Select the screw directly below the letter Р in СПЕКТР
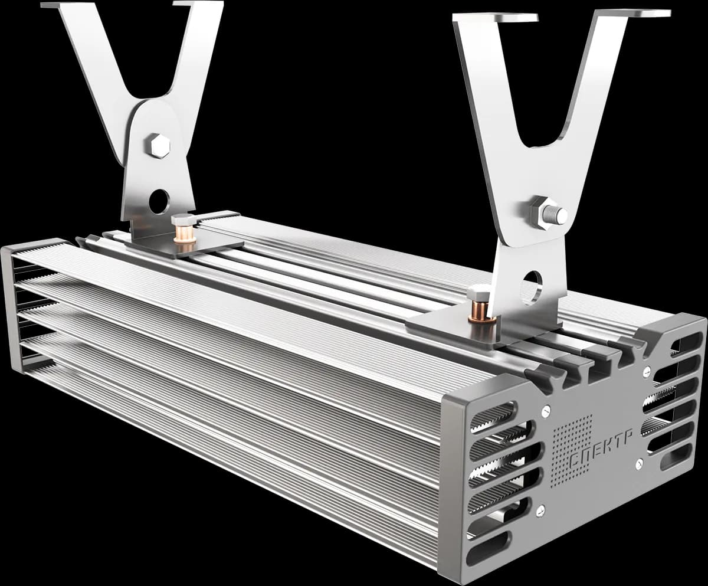point(639,463)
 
